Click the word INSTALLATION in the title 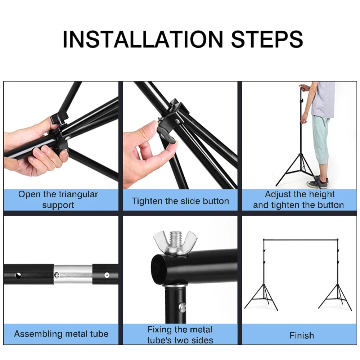[143, 39]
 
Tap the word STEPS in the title [267, 39]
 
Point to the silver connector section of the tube [73, 274]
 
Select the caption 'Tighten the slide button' [180, 201]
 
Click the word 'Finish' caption [302, 336]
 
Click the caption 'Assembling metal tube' [61, 334]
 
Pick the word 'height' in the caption [321, 195]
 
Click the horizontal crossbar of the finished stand [301, 240]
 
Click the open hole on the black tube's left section [18, 275]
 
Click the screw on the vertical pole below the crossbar [183, 307]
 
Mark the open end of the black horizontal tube [158, 268]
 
